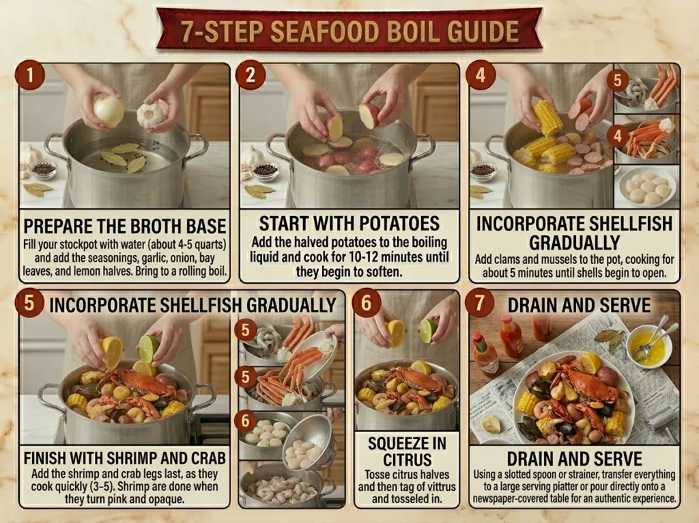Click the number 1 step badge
coord(30,75)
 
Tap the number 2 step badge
coord(250,75)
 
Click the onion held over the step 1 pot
coord(109,111)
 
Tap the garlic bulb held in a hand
coord(149,116)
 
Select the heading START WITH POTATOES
coord(349,224)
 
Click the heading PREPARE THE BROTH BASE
coord(125,226)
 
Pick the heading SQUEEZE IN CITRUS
coord(407,451)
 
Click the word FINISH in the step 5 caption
coord(43,458)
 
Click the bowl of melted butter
coord(648,347)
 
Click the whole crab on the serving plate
coord(585,380)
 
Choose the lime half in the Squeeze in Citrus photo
coord(429,331)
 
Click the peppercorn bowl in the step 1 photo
coord(43,170)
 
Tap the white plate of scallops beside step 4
coord(646,186)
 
